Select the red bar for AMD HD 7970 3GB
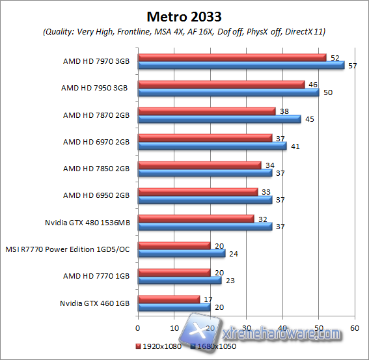coord(232,57)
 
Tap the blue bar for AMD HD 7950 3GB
coord(228,92)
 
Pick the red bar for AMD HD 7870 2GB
coord(206,111)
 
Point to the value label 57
coord(351,66)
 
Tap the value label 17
coord(207,299)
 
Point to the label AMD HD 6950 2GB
coord(96,195)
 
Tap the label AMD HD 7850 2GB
coord(96,169)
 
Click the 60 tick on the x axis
coord(355,327)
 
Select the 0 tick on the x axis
coord(138,327)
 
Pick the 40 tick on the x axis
coord(282,327)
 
